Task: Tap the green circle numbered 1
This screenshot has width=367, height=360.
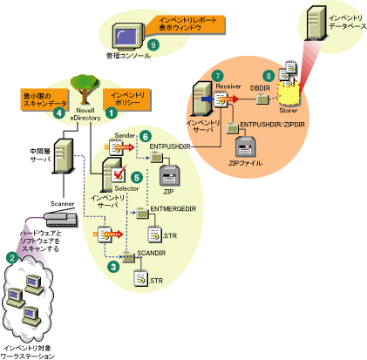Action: (x=111, y=112)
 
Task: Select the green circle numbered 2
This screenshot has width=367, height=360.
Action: (x=11, y=256)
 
